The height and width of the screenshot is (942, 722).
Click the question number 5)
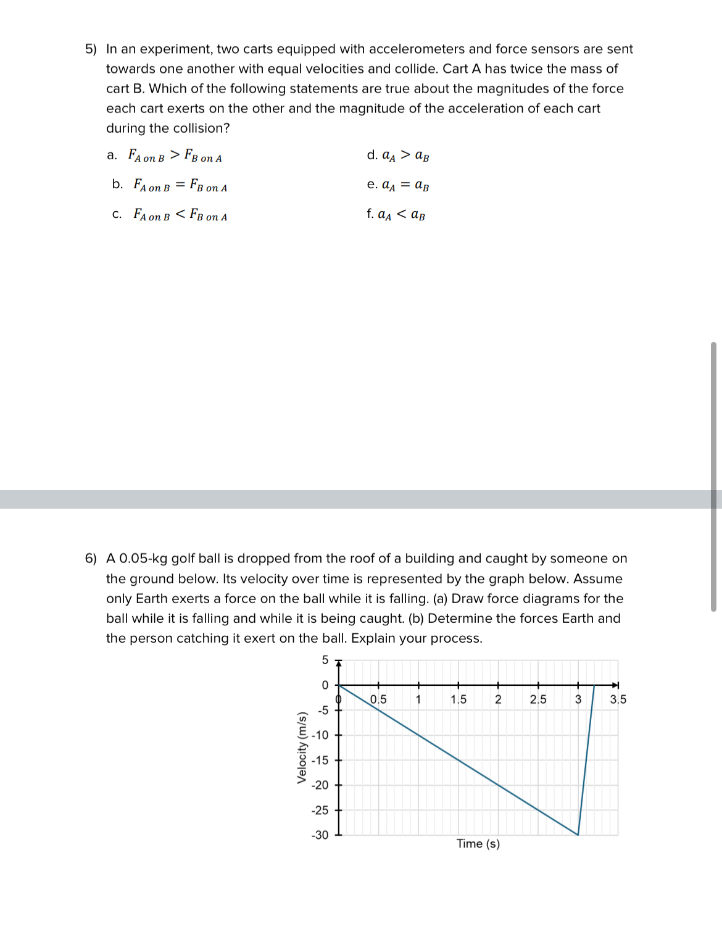[91, 49]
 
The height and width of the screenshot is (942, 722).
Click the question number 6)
[91, 559]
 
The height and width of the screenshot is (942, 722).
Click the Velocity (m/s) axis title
[302, 748]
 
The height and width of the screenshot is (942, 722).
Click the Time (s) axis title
[478, 844]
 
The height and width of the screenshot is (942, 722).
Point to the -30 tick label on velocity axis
[320, 835]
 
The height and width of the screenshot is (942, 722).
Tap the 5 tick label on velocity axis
[325, 660]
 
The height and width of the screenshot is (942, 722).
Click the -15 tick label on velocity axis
[320, 761]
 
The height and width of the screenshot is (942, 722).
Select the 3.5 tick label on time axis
[618, 699]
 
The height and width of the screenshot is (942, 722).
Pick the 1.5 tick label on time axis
[459, 699]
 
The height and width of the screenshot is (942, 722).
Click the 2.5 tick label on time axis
[538, 699]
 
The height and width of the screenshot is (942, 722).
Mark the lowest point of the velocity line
[578, 835]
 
